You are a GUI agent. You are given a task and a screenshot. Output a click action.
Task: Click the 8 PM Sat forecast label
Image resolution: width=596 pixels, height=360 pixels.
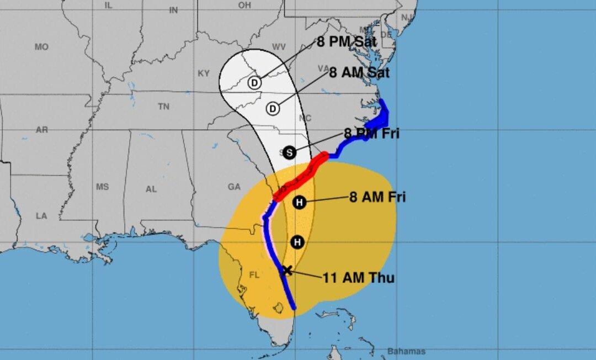[x=347, y=42]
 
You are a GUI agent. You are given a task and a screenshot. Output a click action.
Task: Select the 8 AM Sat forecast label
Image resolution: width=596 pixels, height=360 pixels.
[x=359, y=72]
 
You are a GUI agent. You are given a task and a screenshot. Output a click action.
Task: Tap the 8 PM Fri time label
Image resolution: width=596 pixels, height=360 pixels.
[x=371, y=133]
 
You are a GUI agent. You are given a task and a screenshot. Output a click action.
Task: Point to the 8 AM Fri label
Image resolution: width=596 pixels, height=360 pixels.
[x=377, y=197]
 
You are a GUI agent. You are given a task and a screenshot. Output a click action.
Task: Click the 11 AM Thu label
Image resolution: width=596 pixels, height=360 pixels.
[x=359, y=277]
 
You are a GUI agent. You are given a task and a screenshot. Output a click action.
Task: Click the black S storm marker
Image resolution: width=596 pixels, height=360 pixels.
[x=289, y=153]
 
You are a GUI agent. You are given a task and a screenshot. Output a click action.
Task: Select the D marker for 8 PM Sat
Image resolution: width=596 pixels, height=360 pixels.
[x=254, y=83]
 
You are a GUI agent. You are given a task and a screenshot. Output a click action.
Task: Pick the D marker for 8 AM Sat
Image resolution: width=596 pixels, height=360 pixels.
[x=273, y=109]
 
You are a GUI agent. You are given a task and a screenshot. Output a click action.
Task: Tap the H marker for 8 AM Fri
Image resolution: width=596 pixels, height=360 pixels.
[x=299, y=203]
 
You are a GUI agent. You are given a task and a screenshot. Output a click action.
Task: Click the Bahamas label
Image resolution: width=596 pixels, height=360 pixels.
[x=407, y=352]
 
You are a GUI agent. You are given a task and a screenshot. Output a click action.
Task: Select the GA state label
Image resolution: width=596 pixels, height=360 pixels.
[x=234, y=187]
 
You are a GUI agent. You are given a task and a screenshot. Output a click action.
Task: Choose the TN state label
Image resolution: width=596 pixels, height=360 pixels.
[x=163, y=107]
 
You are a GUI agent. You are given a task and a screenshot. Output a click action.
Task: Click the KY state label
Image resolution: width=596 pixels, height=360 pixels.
[x=204, y=73]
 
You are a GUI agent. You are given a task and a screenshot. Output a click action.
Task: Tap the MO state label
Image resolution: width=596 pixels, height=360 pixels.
[x=41, y=47]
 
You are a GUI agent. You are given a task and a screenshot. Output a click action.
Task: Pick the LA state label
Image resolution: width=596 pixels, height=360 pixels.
[x=41, y=216]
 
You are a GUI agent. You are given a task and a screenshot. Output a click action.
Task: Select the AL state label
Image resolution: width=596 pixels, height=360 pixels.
[x=151, y=189]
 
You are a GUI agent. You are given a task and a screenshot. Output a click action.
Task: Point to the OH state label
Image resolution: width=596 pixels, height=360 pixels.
[x=244, y=5]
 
